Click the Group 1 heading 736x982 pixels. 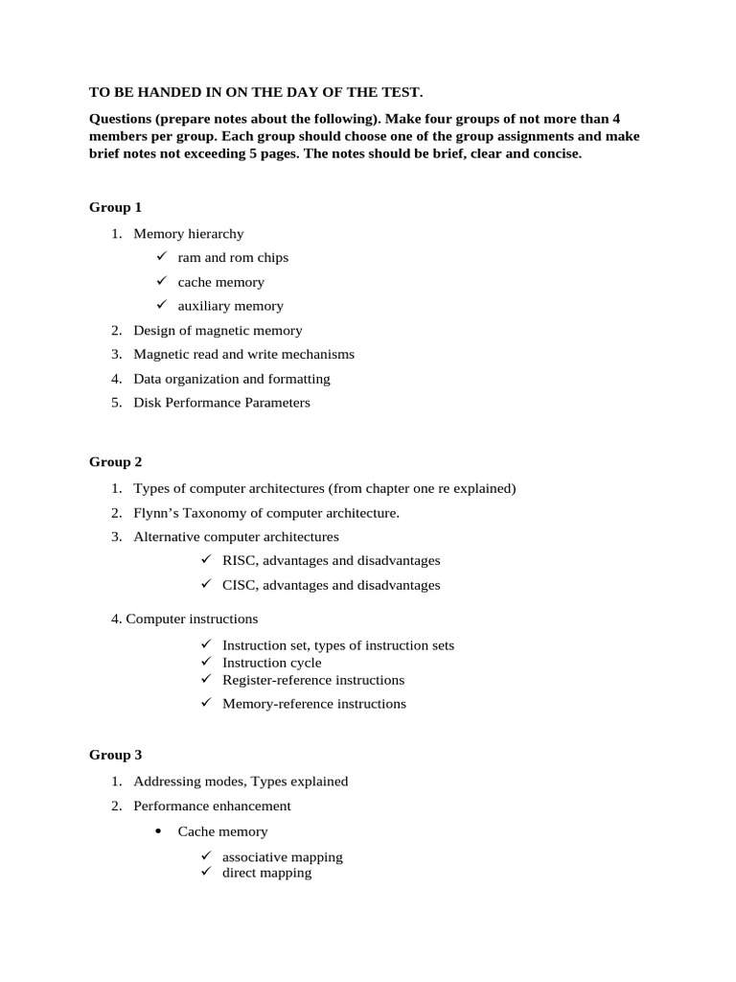pos(115,207)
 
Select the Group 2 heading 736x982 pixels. pos(115,462)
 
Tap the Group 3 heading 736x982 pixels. pos(115,756)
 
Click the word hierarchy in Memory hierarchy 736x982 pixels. pos(216,233)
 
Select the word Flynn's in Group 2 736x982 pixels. pos(156,513)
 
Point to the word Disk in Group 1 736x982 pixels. pos(148,403)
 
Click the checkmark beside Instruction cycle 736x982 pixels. pos(205,662)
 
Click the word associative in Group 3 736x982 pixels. pos(253,857)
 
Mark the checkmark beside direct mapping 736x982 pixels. pos(205,873)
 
